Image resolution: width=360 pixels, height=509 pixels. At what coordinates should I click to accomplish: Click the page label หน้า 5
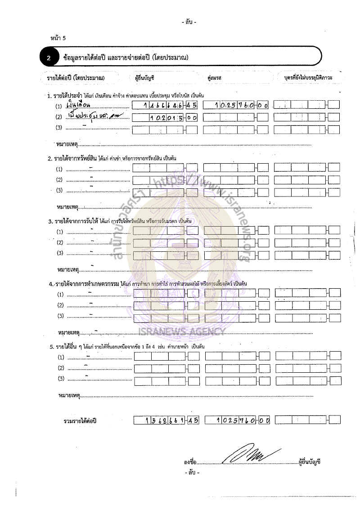[58, 38]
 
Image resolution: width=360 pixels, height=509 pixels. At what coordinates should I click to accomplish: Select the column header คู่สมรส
[215, 78]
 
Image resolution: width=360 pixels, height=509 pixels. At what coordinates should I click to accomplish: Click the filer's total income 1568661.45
[166, 420]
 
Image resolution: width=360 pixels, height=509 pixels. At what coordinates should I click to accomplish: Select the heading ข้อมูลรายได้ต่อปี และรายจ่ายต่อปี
[126, 58]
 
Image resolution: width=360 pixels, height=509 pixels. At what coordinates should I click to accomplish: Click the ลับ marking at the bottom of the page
[192, 473]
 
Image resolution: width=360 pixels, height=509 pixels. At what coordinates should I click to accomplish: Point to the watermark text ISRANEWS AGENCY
[189, 331]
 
